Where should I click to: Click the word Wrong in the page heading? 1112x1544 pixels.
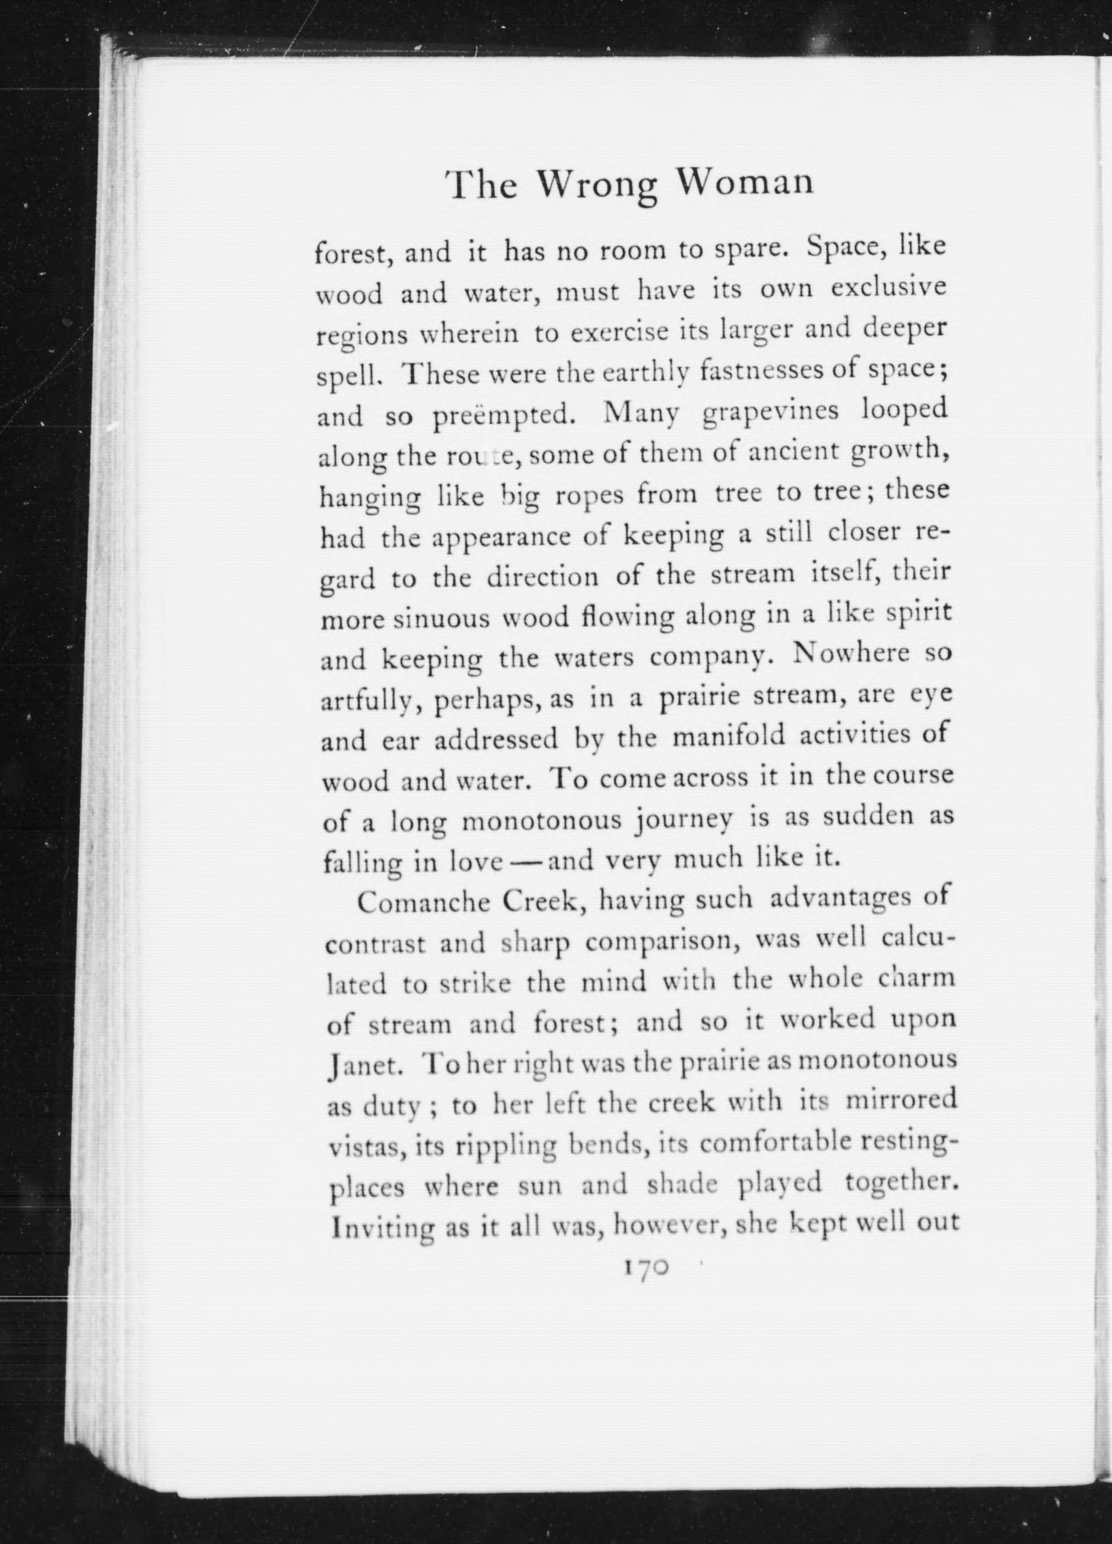[598, 184]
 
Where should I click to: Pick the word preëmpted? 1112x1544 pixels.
[502, 416]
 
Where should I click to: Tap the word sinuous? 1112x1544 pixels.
[442, 619]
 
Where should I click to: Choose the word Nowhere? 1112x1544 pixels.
[842, 654]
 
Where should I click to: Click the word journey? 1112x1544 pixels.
[683, 820]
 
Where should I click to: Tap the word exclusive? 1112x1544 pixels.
[889, 289]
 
